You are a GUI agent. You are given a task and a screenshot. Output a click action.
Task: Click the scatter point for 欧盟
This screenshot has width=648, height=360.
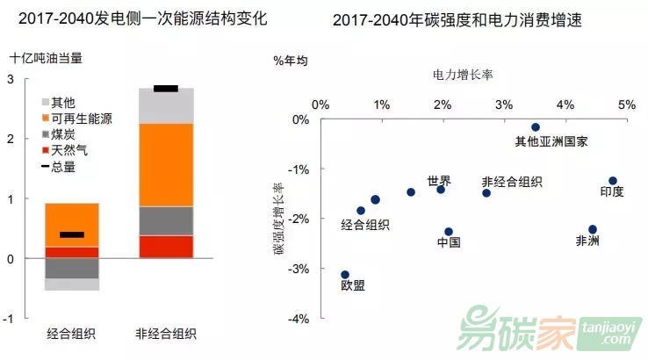[x=345, y=275]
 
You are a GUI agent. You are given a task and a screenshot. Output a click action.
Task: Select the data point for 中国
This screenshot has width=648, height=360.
[x=449, y=232]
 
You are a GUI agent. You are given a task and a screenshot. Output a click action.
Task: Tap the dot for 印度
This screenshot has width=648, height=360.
[x=613, y=181]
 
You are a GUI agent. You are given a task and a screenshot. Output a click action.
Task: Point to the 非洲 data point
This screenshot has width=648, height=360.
[x=593, y=229]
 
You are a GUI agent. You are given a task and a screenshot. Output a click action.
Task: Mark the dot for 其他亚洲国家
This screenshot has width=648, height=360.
[x=535, y=127]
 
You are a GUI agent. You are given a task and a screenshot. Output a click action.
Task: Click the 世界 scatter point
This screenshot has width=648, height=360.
[x=441, y=189]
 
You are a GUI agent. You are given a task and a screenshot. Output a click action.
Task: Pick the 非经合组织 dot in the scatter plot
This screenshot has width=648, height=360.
[x=486, y=192]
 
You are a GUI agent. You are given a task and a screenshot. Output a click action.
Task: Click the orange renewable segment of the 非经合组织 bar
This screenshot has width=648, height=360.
[x=166, y=165]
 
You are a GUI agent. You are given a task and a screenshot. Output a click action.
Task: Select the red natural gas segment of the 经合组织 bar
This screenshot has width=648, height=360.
[x=71, y=252]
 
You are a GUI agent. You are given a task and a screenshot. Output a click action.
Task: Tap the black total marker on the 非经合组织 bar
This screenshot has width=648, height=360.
[x=166, y=89]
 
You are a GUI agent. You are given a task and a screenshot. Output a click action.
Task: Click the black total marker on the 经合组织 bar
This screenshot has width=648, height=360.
[x=71, y=234]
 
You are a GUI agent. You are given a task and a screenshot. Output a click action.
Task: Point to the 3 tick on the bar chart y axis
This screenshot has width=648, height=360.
[x=10, y=79]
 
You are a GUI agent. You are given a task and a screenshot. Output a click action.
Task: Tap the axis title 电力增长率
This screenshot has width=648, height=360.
[x=464, y=76]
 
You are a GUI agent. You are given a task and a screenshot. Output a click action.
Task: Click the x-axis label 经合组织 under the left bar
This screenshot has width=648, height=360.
[x=71, y=334]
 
